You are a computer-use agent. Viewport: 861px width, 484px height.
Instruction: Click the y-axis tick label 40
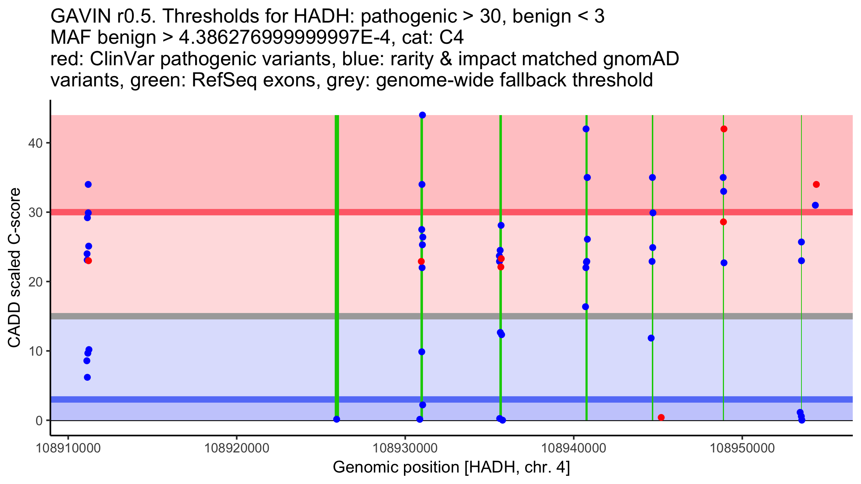click(35, 143)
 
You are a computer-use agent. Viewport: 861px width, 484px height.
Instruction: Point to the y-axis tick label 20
click(35, 282)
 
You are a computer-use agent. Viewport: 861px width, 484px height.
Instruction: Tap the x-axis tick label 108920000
click(236, 448)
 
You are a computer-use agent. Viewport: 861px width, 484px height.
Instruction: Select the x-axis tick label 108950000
click(742, 448)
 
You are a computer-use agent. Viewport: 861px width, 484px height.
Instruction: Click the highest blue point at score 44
click(422, 115)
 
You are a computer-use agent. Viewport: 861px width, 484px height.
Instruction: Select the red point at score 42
click(724, 129)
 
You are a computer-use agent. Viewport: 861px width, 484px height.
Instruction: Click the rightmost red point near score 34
click(816, 185)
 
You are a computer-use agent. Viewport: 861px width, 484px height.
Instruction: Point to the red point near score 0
click(661, 417)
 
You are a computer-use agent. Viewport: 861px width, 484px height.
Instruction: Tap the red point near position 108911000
click(89, 261)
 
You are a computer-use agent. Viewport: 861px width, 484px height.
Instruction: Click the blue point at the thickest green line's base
click(337, 419)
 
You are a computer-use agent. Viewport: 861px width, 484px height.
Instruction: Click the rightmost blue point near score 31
click(815, 205)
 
